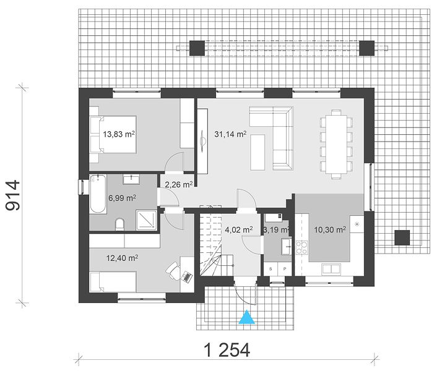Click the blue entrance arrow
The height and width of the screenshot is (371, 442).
pyautogui.click(x=247, y=317)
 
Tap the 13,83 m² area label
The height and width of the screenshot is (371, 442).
pyautogui.click(x=119, y=134)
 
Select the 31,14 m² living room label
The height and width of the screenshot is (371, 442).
pyautogui.click(x=230, y=134)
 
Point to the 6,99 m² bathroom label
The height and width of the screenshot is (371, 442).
pyautogui.click(x=123, y=198)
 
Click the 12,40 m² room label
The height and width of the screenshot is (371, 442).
pyautogui.click(x=122, y=258)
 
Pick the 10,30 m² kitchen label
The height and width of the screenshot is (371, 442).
pyautogui.click(x=330, y=229)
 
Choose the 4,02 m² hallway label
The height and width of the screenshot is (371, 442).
pyautogui.click(x=239, y=229)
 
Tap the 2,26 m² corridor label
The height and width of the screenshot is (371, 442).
pyautogui.click(x=179, y=185)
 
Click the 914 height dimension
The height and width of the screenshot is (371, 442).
pyautogui.click(x=13, y=195)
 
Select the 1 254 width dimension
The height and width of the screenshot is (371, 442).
pyautogui.click(x=227, y=350)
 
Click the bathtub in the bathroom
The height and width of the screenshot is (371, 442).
pyautogui.click(x=98, y=194)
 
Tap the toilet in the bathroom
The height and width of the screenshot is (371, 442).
pyautogui.click(x=120, y=224)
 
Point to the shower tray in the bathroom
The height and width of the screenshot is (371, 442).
pyautogui.click(x=146, y=220)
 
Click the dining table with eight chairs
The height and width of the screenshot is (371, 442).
pyautogui.click(x=336, y=145)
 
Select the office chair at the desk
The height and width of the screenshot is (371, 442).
pyautogui.click(x=173, y=270)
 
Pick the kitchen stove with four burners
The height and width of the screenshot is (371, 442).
pyautogui.click(x=301, y=248)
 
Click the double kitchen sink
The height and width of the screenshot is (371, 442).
pyautogui.click(x=331, y=269)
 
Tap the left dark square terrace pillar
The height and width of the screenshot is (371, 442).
pyautogui.click(x=197, y=48)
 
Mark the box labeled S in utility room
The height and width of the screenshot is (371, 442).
pyautogui.click(x=271, y=269)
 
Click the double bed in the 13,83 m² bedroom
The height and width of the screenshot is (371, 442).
pyautogui.click(x=113, y=134)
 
